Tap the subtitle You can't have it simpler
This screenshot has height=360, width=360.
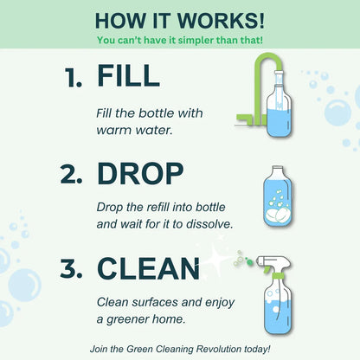coord(179,40)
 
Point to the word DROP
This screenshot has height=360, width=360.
coord(140,174)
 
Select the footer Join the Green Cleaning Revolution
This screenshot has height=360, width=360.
coord(179,348)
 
